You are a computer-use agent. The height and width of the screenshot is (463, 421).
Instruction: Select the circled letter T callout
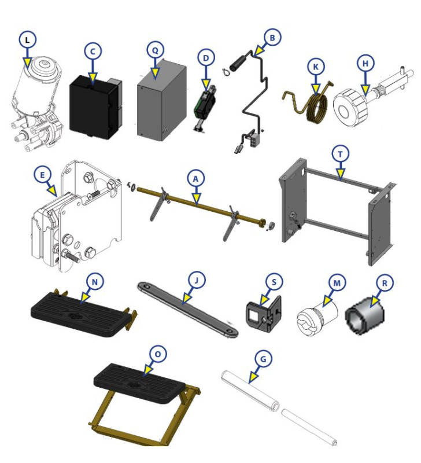click(341, 153)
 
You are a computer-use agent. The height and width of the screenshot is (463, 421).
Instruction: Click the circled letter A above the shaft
click(195, 181)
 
